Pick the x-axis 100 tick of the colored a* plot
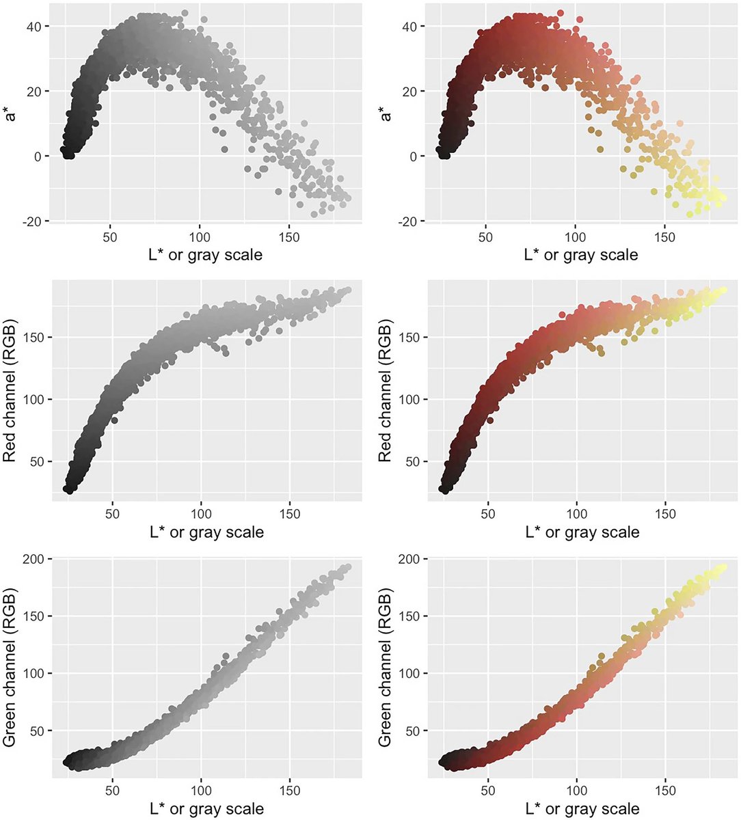[x=576, y=238]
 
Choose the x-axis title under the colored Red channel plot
[x=582, y=532]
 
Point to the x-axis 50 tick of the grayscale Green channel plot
[x=112, y=789]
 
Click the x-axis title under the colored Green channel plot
[x=582, y=808]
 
